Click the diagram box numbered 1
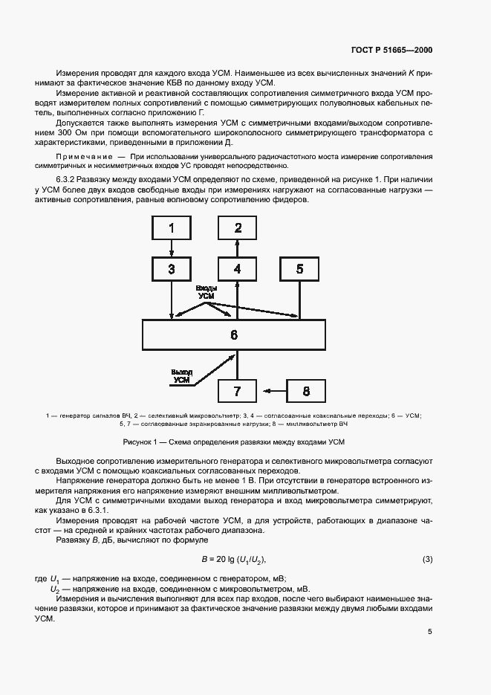[172, 227]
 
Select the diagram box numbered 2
[237, 227]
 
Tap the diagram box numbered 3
[172, 268]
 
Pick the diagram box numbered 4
[237, 268]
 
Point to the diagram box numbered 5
[300, 268]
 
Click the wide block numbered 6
[234, 334]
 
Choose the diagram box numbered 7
[237, 390]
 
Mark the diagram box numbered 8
[306, 390]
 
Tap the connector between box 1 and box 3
[172, 248]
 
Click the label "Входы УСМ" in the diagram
[207, 291]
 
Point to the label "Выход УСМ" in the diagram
[181, 375]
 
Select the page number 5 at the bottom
[430, 633]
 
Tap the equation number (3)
[427, 559]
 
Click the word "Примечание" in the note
[79, 158]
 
